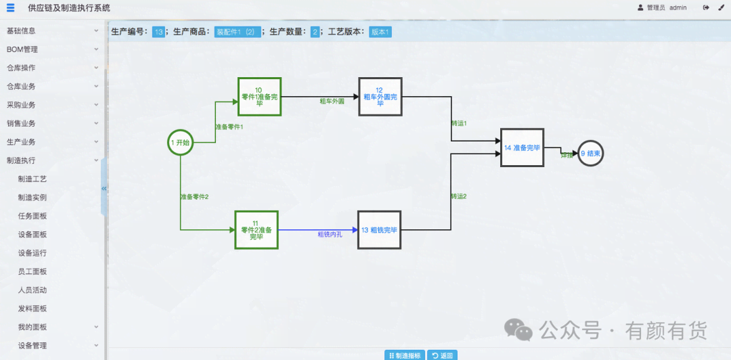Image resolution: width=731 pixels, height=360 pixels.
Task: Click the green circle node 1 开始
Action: [x=180, y=143]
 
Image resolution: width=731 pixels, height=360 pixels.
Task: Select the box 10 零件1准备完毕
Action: [x=259, y=96]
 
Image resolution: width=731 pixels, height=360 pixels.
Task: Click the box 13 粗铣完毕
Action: [x=379, y=230]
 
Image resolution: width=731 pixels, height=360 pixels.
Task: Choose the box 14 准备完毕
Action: [x=522, y=148]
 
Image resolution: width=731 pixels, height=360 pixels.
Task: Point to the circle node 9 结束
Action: [x=590, y=154]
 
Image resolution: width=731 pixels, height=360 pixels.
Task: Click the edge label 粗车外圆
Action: [x=332, y=101]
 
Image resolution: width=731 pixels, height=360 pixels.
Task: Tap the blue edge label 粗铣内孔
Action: [x=330, y=235]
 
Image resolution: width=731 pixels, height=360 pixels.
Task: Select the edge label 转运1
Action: [x=459, y=124]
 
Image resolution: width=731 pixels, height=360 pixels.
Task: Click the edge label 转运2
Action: [x=459, y=197]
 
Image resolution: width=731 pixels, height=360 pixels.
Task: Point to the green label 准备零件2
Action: [x=194, y=197]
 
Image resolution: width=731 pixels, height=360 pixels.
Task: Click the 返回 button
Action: [x=442, y=355]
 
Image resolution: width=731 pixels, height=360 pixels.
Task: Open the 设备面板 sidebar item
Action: [x=32, y=235]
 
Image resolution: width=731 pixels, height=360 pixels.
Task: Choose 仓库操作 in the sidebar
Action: [x=21, y=68]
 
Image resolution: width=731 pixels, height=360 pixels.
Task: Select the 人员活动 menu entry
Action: [x=32, y=290]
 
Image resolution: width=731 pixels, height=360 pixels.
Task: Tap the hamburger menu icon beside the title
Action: [x=10, y=8]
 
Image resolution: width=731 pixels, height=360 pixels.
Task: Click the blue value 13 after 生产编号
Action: [x=158, y=32]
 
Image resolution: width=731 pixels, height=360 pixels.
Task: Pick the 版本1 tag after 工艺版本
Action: [x=380, y=32]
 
